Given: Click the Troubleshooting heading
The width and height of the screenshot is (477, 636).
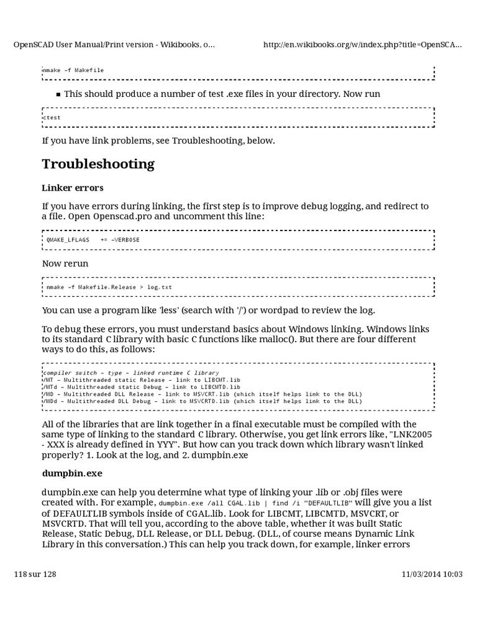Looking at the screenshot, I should (x=98, y=165).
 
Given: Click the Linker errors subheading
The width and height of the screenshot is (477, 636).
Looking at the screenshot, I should (x=73, y=188).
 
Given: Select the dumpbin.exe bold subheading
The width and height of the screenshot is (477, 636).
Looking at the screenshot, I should (x=72, y=473).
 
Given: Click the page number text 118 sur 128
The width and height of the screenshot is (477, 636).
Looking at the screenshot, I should (x=35, y=575).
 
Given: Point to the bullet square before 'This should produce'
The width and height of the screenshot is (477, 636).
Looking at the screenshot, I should (x=58, y=94).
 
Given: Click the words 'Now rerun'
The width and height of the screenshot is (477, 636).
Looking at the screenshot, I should (x=65, y=263).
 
